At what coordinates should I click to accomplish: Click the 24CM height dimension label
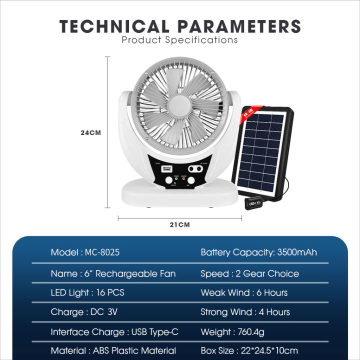(x=91, y=133)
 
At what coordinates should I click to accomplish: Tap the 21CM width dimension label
(x=180, y=224)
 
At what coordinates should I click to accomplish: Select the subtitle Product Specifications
(x=180, y=39)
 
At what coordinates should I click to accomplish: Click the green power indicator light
(x=175, y=180)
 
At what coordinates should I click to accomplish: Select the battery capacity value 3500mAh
(x=297, y=252)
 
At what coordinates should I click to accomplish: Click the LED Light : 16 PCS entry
(x=87, y=292)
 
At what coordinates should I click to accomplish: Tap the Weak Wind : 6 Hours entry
(x=244, y=292)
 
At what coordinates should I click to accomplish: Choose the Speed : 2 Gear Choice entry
(x=249, y=273)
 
